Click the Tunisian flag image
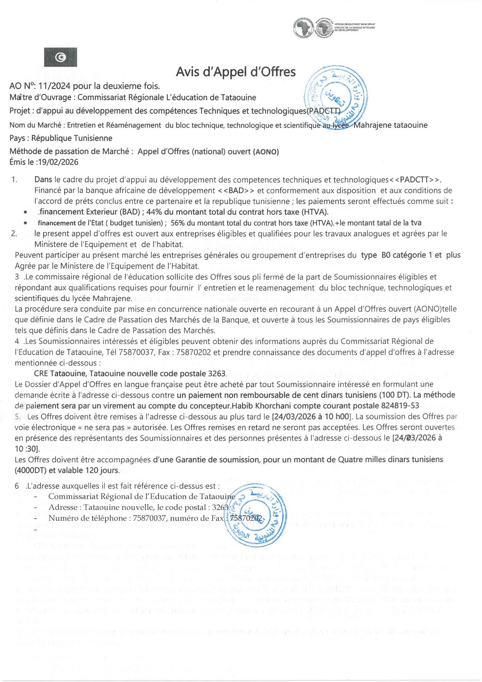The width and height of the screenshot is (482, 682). tap(60, 57)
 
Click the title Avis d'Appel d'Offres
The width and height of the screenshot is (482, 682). tap(236, 72)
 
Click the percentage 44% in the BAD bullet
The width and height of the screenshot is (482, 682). tap(154, 212)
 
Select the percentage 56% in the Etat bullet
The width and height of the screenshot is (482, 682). tap(177, 223)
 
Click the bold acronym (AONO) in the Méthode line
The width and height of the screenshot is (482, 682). tap(266, 152)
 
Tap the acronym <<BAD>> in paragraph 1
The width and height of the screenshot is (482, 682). tap(236, 191)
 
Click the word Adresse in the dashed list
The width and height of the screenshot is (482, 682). tap(63, 507)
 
